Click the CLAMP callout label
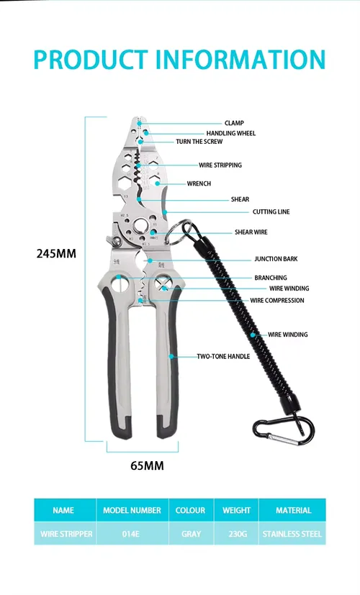(x=234, y=123)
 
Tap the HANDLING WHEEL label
(x=231, y=133)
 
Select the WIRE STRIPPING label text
(x=220, y=165)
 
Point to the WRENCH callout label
(x=199, y=183)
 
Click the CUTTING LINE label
(x=271, y=212)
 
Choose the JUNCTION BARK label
(x=276, y=259)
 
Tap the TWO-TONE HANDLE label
(x=223, y=356)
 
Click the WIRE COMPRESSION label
(x=277, y=301)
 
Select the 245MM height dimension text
(x=56, y=253)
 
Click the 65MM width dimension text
(x=148, y=465)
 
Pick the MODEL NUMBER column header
(x=132, y=510)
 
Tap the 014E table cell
(x=130, y=534)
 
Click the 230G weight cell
(x=238, y=534)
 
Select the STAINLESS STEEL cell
(x=292, y=534)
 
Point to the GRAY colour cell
(x=191, y=534)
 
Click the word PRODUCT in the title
(x=91, y=60)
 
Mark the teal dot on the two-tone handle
(x=171, y=356)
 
